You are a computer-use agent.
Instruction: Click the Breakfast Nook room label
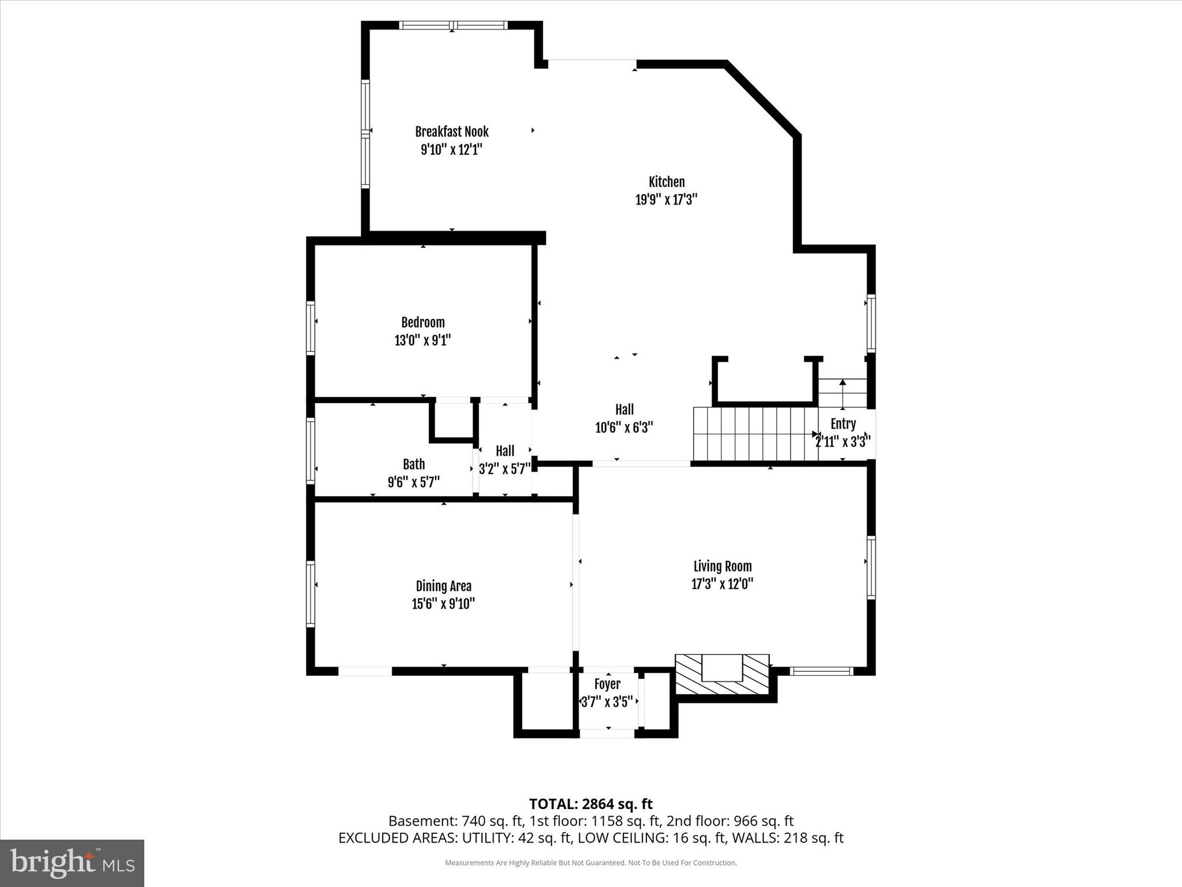pyautogui.click(x=451, y=132)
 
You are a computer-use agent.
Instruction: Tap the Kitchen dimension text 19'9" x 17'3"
pyautogui.click(x=667, y=200)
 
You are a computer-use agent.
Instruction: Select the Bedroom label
pyautogui.click(x=423, y=322)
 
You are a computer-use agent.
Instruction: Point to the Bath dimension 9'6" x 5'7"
pyautogui.click(x=413, y=482)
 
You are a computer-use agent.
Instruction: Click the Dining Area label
pyautogui.click(x=443, y=586)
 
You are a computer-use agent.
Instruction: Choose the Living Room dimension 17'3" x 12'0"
pyautogui.click(x=722, y=584)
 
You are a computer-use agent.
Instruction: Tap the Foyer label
pyautogui.click(x=607, y=684)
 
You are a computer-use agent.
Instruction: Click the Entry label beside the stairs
pyautogui.click(x=843, y=424)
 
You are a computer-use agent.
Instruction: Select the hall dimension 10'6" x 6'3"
pyautogui.click(x=624, y=428)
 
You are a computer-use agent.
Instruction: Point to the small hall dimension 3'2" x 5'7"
pyautogui.click(x=504, y=469)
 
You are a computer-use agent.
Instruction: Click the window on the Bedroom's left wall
pyautogui.click(x=311, y=327)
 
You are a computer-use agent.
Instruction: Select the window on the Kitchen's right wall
pyautogui.click(x=871, y=323)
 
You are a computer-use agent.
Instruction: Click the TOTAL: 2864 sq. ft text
pyautogui.click(x=590, y=804)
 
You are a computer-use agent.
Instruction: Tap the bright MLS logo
pyautogui.click(x=72, y=863)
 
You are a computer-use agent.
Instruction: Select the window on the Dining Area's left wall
pyautogui.click(x=311, y=594)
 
